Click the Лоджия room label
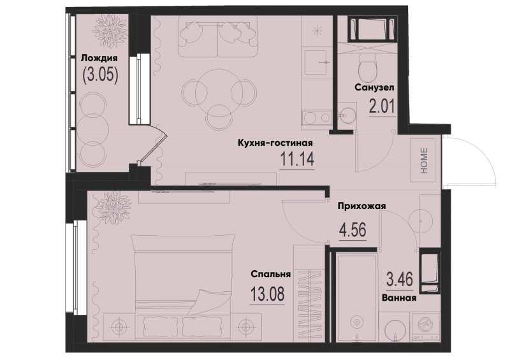tap(99, 58)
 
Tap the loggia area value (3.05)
tap(99, 75)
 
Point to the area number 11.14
tap(297, 159)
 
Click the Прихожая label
tap(361, 205)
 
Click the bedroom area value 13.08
tap(266, 295)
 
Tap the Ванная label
tap(399, 297)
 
